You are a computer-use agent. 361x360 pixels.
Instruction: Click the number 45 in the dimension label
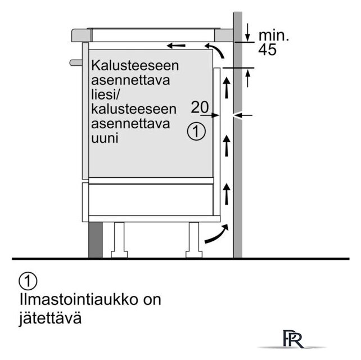[x=267, y=49]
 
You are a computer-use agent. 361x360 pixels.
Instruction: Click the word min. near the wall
[x=273, y=35]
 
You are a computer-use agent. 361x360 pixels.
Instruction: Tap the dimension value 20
[x=200, y=107]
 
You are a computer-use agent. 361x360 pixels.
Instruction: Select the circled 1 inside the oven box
[x=196, y=132]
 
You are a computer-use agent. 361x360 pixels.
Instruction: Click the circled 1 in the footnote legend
[x=28, y=281]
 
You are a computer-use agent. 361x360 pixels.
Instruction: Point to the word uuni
[x=105, y=138]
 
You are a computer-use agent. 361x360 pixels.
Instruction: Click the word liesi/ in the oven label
[x=105, y=94]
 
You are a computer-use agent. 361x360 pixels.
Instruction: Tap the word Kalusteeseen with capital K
[x=135, y=65]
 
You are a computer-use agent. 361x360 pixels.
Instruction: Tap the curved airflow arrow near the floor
[x=218, y=235]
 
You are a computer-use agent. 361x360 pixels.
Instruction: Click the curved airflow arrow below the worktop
[x=215, y=49]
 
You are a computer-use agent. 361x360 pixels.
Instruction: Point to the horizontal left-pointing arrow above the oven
[x=176, y=46]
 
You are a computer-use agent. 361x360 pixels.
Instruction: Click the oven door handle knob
[x=76, y=62]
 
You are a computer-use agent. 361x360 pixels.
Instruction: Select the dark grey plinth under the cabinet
[x=96, y=240]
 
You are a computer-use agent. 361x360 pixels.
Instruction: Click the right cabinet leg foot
[x=194, y=254]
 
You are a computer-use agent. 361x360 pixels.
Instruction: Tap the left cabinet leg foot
[x=119, y=254]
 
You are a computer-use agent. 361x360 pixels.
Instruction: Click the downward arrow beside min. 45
[x=247, y=32]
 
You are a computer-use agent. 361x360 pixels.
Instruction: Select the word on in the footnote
[x=152, y=300]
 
